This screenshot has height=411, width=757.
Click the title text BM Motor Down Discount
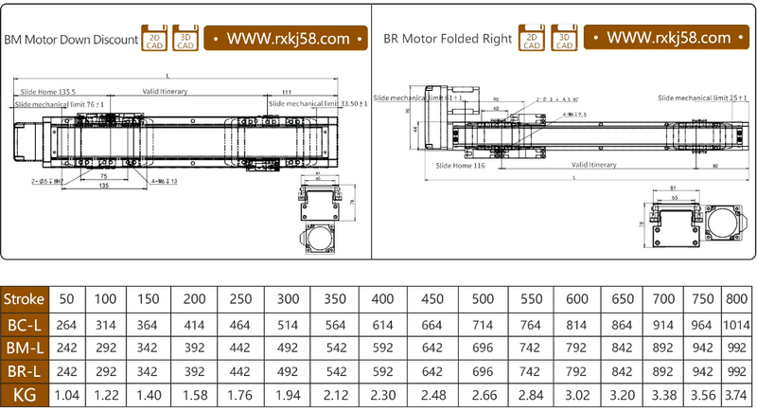pyautogui.click(x=71, y=40)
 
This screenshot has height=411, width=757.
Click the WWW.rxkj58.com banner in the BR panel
pyautogui.click(x=668, y=38)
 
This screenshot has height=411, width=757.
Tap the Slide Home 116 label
pyautogui.click(x=460, y=165)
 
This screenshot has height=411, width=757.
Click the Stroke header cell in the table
pyautogui.click(x=24, y=299)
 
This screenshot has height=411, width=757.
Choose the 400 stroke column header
pyautogui.click(x=382, y=299)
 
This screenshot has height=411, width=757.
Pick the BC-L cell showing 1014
pyautogui.click(x=738, y=323)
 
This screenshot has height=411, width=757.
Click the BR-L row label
pyautogui.click(x=24, y=370)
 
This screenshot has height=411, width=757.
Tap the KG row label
pyautogui.click(x=24, y=394)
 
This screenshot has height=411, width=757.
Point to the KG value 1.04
pyautogui.click(x=67, y=394)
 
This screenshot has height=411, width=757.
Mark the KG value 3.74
pyautogui.click(x=738, y=394)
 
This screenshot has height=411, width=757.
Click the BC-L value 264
pyautogui.click(x=67, y=323)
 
